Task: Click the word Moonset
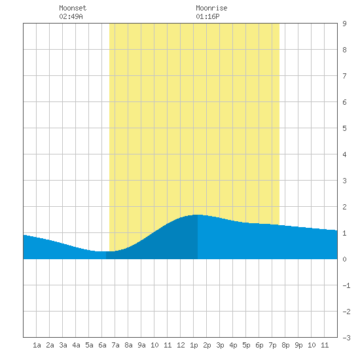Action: [73, 8]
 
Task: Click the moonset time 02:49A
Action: [71, 16]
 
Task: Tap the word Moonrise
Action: [211, 8]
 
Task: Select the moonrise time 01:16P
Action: [207, 16]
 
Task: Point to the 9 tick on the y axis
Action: [344, 24]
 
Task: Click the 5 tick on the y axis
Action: [344, 128]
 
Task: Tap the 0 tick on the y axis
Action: [344, 259]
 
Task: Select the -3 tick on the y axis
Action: [346, 338]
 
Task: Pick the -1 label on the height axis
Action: [346, 285]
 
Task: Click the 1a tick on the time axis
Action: [37, 345]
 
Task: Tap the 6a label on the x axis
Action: [102, 345]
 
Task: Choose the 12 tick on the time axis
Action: [181, 345]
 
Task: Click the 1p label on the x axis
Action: [194, 345]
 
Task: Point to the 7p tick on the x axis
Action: [272, 345]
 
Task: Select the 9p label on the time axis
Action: [298, 345]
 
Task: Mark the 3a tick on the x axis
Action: [63, 345]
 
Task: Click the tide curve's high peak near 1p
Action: [197, 215]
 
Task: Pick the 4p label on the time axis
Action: [233, 345]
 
